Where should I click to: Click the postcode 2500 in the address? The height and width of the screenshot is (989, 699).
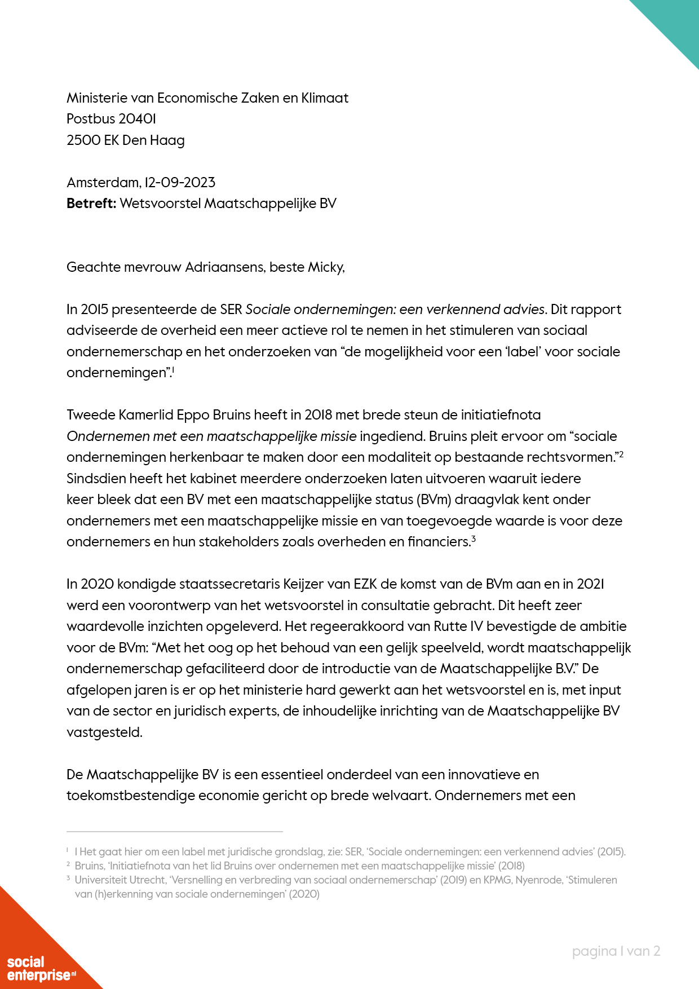coord(83,140)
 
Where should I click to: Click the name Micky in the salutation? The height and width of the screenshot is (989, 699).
coord(325,267)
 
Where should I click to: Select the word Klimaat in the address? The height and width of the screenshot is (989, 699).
coord(325,98)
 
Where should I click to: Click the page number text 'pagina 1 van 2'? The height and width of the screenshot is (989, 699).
coord(616,951)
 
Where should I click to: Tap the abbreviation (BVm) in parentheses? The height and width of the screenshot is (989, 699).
coord(433,500)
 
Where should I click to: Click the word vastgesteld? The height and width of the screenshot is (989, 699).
coord(104,732)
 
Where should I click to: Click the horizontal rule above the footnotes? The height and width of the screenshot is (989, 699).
coord(175,831)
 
